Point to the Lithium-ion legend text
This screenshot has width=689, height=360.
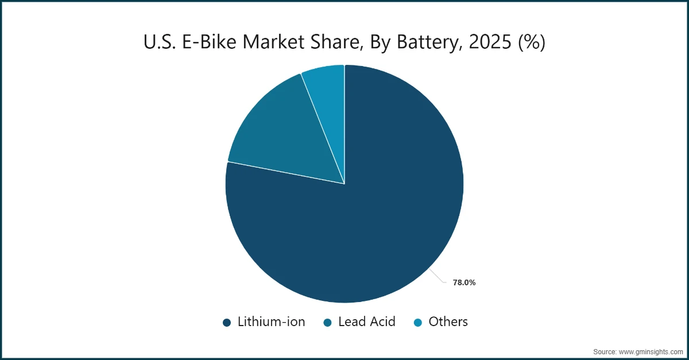click(272, 322)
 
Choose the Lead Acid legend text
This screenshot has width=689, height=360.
click(367, 322)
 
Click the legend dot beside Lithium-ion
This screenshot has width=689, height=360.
click(227, 323)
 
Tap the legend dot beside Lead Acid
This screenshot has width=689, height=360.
click(327, 323)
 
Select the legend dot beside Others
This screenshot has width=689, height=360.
click(418, 323)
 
